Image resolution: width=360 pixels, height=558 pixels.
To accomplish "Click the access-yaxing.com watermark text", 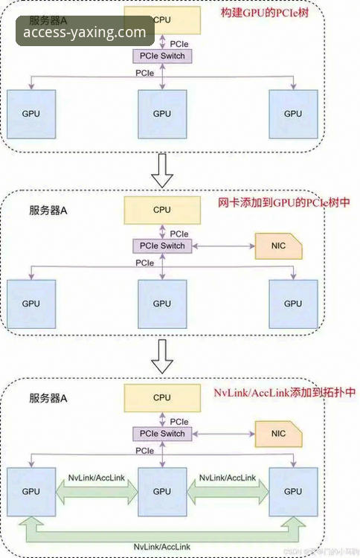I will [x=85, y=32].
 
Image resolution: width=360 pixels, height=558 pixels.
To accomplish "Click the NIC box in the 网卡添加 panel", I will [x=278, y=246].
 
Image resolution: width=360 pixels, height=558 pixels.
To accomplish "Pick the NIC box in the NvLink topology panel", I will [x=278, y=434].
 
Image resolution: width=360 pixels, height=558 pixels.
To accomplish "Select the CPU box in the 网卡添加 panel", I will [x=161, y=210].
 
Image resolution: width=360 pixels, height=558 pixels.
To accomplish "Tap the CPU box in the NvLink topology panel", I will [x=161, y=398].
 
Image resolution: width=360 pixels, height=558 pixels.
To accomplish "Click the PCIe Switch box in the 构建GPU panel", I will [x=161, y=57].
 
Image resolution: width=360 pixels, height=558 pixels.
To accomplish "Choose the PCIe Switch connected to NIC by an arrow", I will [x=161, y=246].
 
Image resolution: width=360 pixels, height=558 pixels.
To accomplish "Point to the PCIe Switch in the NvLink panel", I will [x=161, y=434].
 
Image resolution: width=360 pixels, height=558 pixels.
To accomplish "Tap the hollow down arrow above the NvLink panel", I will [x=161, y=359].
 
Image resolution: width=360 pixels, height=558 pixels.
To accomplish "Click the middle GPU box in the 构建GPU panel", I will [x=161, y=114].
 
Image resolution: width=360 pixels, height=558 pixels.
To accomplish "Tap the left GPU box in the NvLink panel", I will [x=30, y=492].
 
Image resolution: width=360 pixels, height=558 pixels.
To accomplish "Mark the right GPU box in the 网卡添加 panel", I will [x=293, y=303].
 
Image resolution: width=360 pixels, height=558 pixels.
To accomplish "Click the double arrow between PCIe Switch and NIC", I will [x=222, y=246].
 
